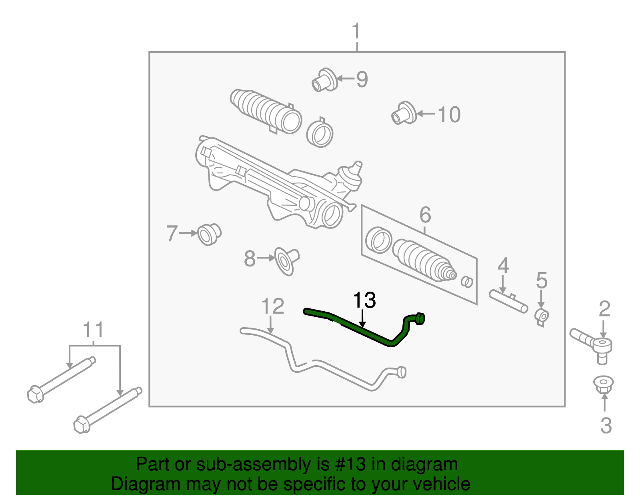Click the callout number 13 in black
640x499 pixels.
coord(364,300)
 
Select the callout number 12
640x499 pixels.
coord(272,307)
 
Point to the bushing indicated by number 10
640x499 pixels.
coord(404,113)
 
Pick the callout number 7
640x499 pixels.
coord(172,233)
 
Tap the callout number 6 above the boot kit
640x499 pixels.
coord(425,215)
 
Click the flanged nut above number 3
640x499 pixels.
coord(604,385)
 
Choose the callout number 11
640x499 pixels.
coord(93,330)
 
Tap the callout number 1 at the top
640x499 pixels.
coord(356,32)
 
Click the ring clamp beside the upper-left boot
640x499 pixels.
coord(320,134)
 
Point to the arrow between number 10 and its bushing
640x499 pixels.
coord(426,114)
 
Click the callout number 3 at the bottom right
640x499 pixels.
coord(606,425)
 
